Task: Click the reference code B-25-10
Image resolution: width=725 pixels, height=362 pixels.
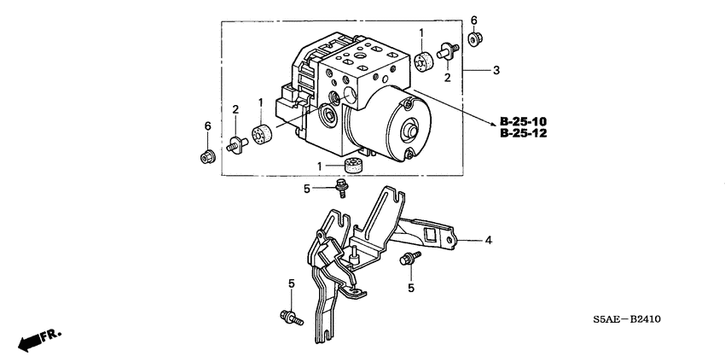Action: click(x=524, y=120)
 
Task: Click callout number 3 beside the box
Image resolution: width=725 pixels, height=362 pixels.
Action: click(x=496, y=69)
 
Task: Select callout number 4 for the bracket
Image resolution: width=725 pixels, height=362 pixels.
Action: click(x=489, y=241)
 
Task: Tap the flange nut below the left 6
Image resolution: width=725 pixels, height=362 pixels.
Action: click(x=206, y=156)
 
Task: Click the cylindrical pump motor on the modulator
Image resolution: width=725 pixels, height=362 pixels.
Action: click(x=396, y=128)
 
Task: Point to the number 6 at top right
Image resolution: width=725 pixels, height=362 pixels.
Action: click(x=474, y=20)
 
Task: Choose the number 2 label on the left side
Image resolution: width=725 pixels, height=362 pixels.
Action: click(x=235, y=108)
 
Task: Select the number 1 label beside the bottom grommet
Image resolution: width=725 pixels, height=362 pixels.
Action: click(x=320, y=165)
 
